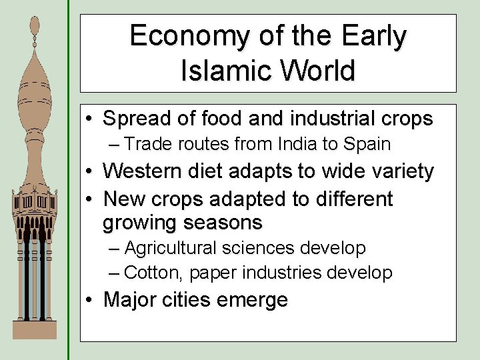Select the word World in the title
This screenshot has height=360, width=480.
316,71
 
